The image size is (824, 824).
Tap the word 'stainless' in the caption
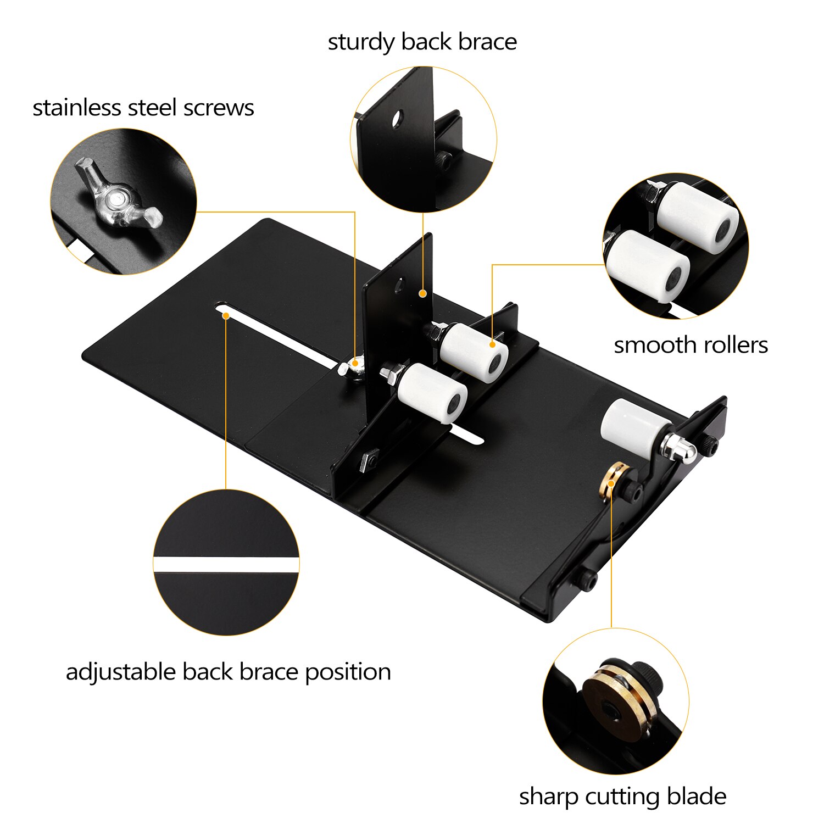pos(76,108)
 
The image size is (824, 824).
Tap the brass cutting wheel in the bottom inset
pos(620,703)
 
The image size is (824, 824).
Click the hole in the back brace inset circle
pos(397,118)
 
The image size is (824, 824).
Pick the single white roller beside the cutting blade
pos(634,426)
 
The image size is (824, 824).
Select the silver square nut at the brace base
pos(369,459)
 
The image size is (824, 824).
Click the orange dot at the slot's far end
pos(226,316)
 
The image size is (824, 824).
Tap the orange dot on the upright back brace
pos(422,294)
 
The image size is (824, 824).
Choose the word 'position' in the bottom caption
pos(348,672)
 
